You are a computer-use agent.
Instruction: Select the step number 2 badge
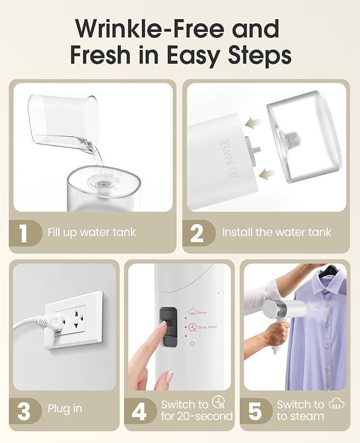pos(196,233)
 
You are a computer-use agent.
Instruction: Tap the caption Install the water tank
pos(276,232)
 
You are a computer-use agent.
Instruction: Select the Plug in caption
pos(65,409)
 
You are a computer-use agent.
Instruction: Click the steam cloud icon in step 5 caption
pos(336,404)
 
